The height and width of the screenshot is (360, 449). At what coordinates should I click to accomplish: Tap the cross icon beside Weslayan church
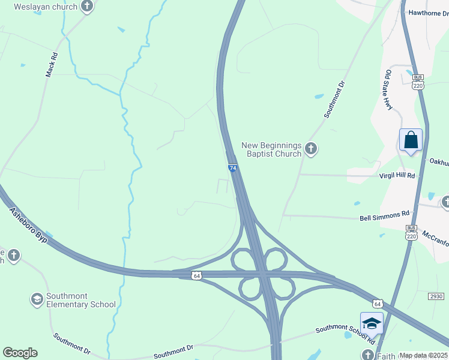click(88, 7)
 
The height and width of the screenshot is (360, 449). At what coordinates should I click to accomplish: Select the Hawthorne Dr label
click(428, 13)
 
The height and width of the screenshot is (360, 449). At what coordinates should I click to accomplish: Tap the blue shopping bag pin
click(411, 140)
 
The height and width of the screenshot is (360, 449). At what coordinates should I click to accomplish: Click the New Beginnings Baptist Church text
click(271, 149)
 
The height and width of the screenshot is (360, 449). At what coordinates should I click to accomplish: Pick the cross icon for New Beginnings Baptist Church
click(310, 148)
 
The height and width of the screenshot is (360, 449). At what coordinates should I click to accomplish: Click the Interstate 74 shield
click(233, 169)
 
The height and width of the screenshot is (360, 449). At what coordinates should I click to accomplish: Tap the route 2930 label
click(436, 296)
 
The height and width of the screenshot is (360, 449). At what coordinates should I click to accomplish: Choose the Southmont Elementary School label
click(81, 300)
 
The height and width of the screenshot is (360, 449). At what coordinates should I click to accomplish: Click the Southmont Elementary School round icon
click(37, 299)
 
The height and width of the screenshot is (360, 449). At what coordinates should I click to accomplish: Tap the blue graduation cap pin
click(372, 323)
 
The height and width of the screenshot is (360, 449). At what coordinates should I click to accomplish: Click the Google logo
click(20, 353)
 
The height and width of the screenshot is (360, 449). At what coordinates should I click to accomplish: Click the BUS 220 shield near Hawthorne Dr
click(418, 82)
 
